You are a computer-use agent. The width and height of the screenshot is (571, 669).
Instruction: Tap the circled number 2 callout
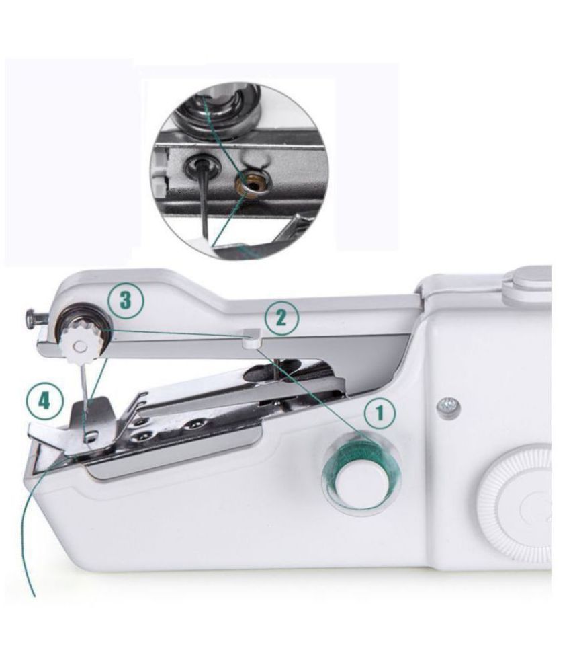(x=281, y=318)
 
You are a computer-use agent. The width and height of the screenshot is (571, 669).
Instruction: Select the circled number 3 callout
(x=126, y=301)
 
